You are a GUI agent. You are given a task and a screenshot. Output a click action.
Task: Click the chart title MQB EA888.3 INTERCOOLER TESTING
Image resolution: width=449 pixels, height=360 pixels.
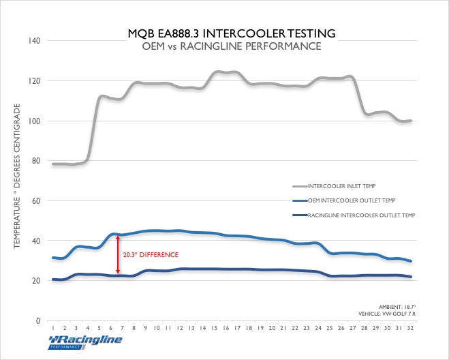[231, 32]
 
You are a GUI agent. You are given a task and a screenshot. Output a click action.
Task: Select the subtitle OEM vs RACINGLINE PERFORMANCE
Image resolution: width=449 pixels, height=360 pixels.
[231, 46]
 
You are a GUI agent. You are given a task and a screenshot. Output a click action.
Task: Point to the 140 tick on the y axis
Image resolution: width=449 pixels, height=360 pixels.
[33, 41]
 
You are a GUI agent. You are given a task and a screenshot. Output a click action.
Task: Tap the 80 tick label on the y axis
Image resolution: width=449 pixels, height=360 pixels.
[35, 162]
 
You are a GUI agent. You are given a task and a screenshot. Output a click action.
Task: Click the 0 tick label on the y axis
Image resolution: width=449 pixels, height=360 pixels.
[37, 321]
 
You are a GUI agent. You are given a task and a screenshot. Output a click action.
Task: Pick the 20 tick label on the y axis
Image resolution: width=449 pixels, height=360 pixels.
[35, 281]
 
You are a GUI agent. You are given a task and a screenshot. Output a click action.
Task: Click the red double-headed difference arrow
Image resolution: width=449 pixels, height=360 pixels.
[119, 255]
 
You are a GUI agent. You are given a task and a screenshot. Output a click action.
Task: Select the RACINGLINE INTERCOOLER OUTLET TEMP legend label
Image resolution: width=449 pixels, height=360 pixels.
[362, 215]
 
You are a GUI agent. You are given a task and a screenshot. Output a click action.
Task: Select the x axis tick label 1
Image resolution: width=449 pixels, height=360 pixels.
[53, 327]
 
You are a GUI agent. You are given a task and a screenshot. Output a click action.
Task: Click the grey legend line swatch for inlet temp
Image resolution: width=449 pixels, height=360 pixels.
[299, 185]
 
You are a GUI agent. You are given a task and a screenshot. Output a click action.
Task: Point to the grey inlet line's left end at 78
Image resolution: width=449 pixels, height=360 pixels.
[53, 164]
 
